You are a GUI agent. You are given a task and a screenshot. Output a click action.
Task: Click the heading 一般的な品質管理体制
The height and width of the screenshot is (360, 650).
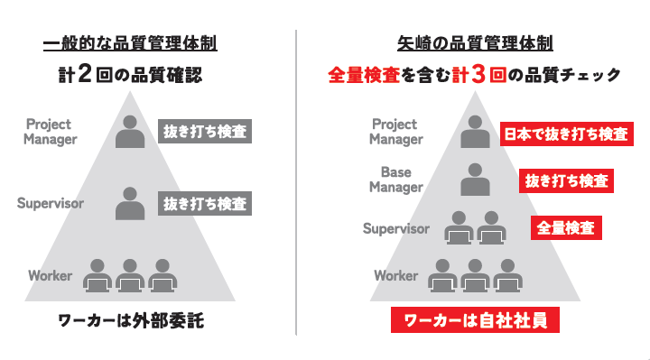131,43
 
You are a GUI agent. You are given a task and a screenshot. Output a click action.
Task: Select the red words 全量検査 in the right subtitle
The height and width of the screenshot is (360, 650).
367,77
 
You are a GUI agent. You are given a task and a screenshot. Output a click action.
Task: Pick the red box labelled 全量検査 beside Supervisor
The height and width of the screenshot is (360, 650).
565,227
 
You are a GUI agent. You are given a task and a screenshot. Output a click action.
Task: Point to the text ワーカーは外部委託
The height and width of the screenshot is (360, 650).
130,320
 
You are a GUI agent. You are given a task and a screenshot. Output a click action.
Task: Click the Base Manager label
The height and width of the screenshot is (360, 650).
395,180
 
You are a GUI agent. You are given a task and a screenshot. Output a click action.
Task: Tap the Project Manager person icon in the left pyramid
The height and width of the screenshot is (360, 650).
131,132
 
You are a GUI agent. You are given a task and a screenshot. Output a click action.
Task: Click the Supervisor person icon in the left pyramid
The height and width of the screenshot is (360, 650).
131,204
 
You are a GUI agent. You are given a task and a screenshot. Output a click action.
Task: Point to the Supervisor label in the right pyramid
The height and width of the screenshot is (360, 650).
395,228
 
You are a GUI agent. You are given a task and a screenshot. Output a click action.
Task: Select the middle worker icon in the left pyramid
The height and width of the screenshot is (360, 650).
131,275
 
